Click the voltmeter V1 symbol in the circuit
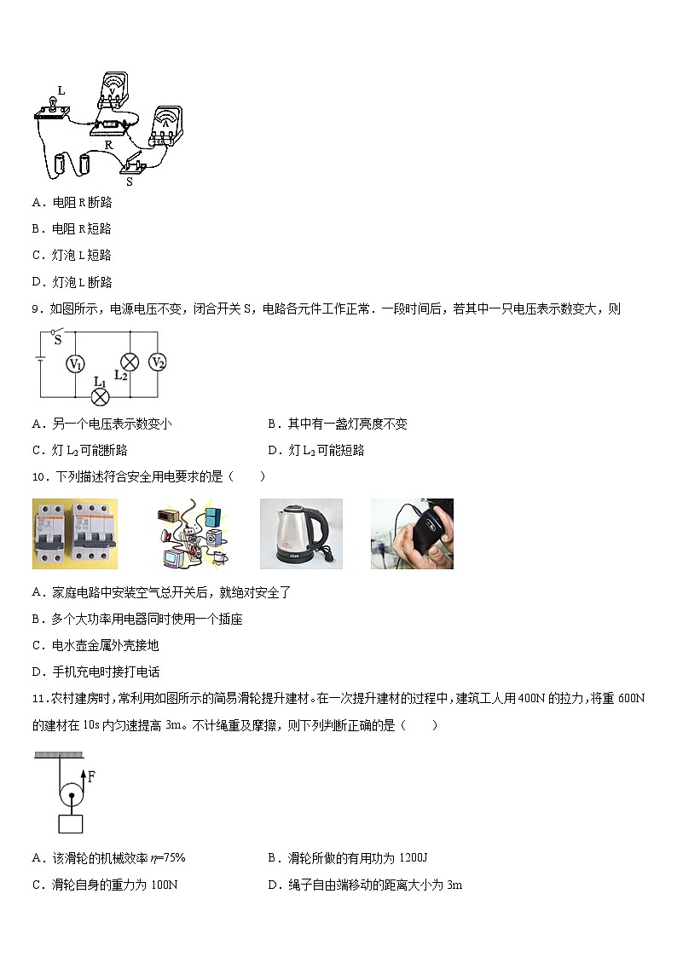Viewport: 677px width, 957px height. point(76,363)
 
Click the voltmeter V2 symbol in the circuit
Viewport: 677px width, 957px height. point(157,362)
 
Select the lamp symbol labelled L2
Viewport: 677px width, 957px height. point(129,361)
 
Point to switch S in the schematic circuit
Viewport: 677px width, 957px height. point(57,334)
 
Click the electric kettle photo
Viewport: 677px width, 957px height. point(301,533)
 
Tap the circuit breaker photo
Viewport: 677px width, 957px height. point(75,533)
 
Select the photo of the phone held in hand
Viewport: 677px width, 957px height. point(412,533)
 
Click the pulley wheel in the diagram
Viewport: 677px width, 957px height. point(71,798)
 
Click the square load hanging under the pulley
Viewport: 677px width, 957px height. point(71,824)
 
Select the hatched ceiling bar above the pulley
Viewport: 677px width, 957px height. point(60,754)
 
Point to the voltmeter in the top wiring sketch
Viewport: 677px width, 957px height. point(112,89)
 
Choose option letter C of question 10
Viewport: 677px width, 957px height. point(38,645)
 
